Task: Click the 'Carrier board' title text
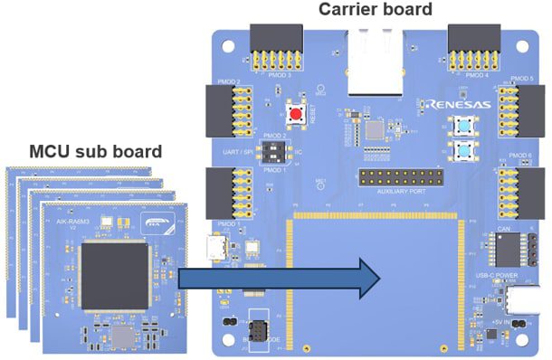point(375,10)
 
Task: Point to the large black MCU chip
point(115,273)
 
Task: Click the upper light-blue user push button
point(466,126)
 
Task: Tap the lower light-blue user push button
point(466,150)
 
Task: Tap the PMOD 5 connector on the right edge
point(525,114)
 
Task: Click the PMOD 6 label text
point(519,156)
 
